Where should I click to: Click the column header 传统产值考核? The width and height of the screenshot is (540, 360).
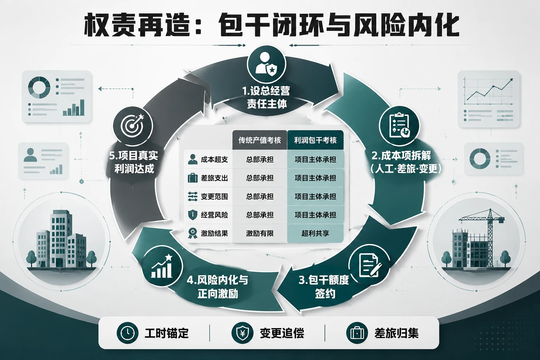[260, 140]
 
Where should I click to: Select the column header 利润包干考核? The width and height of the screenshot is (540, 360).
[315, 140]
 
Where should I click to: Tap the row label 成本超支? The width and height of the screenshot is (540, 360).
[214, 159]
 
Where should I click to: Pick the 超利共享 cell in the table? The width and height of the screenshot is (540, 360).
[315, 233]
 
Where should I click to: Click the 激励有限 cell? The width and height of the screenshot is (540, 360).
[260, 233]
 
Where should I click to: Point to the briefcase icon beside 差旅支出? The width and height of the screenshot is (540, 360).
[193, 178]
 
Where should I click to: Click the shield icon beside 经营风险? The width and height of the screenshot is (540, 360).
[193, 214]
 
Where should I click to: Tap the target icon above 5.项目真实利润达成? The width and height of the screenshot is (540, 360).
[133, 126]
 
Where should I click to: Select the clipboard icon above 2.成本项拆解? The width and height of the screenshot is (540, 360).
[399, 126]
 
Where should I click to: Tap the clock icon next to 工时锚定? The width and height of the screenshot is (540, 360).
[127, 333]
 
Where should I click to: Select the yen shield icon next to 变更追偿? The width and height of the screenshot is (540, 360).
[242, 333]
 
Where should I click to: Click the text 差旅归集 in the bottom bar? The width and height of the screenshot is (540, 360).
[396, 333]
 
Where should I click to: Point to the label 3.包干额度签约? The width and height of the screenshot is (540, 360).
[324, 287]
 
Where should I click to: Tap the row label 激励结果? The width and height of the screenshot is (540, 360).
[214, 233]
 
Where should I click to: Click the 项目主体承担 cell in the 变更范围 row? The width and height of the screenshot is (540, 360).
[315, 197]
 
